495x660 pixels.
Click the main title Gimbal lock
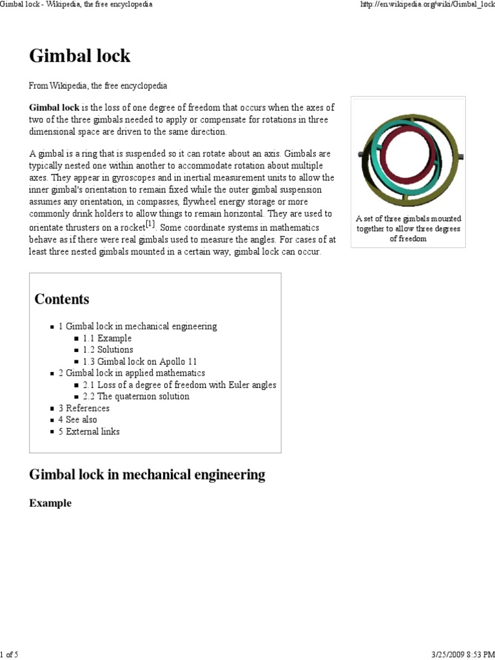point(80,56)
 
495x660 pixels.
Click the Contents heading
point(62,299)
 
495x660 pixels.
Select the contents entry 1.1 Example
point(107,338)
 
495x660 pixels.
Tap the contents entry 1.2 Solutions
point(108,350)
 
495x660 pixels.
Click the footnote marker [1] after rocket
point(150,224)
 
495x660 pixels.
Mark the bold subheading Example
point(50,503)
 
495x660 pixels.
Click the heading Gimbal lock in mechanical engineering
point(147,475)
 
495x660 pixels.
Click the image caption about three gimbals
point(408,229)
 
